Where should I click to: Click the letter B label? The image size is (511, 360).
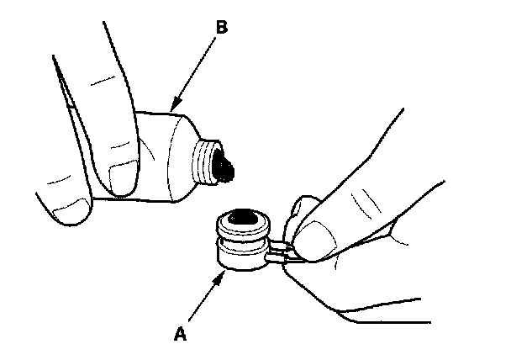click(x=221, y=27)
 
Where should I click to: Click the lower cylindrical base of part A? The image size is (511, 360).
click(x=239, y=260)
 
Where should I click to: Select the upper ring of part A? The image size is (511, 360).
click(x=242, y=224)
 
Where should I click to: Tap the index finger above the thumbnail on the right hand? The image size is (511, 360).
click(x=353, y=202)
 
